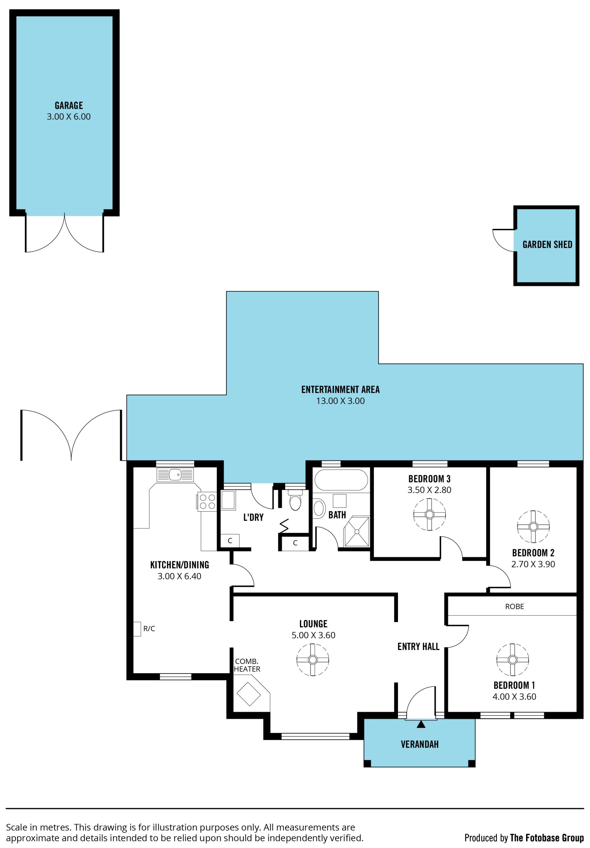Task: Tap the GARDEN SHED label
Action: point(547,245)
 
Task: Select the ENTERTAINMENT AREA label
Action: point(340,389)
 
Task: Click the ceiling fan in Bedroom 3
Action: point(429,514)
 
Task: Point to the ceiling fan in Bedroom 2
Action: point(533,527)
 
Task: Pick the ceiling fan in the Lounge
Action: point(313,660)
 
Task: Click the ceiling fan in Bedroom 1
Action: point(513,660)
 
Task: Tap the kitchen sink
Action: point(175,475)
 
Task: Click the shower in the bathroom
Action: point(356,532)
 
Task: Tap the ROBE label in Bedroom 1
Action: point(514,607)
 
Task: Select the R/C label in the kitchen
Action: point(149,629)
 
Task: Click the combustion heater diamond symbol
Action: point(249,694)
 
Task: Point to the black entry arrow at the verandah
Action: point(421,725)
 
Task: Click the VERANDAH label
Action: point(420,744)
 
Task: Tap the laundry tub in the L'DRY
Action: point(228,500)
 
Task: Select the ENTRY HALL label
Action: point(418,646)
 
